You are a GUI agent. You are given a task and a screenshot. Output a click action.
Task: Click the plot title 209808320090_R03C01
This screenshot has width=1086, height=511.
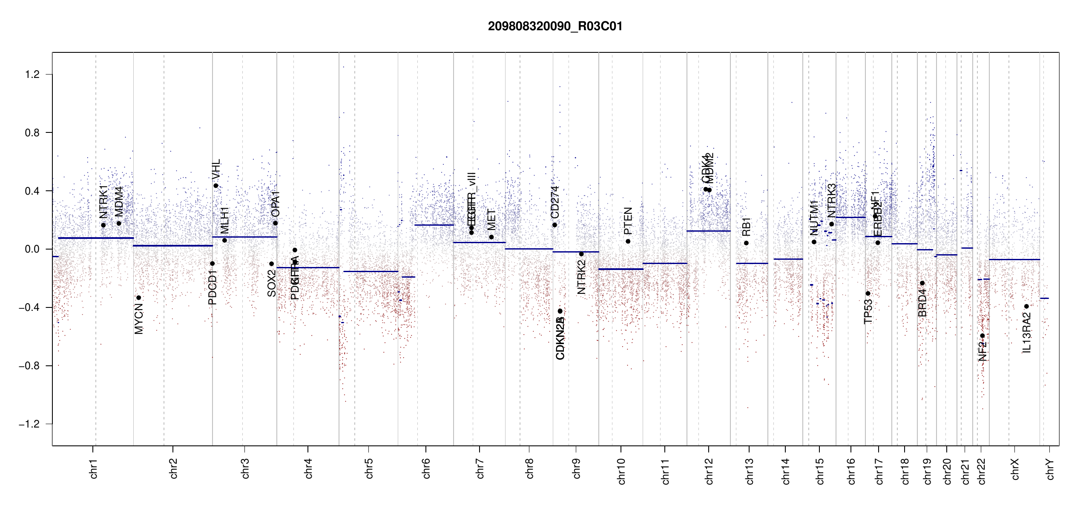coord(555,26)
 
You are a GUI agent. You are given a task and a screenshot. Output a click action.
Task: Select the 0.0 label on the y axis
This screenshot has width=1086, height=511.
coord(32,249)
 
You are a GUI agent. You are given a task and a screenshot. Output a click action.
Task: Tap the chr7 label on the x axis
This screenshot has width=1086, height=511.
coord(480,468)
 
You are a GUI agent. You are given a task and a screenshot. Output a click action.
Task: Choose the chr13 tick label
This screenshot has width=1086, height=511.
coord(749,471)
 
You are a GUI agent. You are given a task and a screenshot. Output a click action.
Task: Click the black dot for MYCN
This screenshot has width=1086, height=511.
coord(138,298)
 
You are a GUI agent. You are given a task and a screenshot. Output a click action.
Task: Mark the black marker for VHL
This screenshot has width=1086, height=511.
coord(216,186)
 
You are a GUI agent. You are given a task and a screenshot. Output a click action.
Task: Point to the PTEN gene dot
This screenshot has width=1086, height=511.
coord(628,241)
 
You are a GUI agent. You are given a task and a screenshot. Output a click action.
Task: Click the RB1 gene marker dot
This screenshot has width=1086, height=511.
coord(746,243)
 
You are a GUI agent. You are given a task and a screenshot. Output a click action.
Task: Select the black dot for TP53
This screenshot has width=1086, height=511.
coord(868,293)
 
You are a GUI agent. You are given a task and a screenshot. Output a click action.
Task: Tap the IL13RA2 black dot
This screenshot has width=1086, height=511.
coord(1026,307)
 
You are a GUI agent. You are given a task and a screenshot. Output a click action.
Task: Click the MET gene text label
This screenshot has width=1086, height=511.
coord(491,219)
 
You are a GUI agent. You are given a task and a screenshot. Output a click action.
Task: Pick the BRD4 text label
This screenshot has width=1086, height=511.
coord(922,303)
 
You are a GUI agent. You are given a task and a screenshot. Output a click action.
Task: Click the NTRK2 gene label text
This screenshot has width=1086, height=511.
coord(581,277)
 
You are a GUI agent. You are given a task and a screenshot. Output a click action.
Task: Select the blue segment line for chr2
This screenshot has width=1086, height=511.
coord(172,246)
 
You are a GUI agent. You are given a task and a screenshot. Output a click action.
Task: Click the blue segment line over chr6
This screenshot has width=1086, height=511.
coord(434,225)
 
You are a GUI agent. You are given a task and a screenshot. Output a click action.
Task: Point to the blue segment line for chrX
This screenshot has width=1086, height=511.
coord(1014,259)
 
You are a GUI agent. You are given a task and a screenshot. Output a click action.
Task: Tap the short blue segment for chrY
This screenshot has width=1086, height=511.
coord(1044,299)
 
